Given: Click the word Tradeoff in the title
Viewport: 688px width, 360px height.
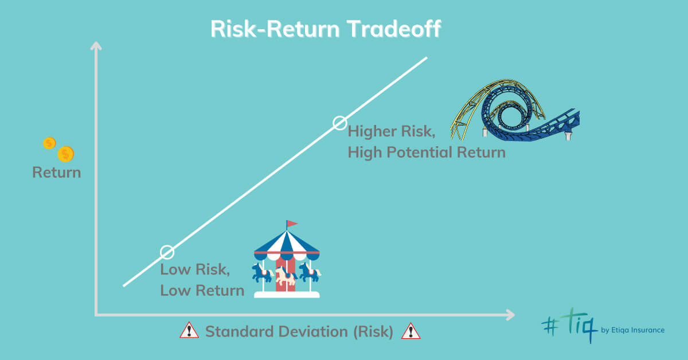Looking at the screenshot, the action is tap(394, 29).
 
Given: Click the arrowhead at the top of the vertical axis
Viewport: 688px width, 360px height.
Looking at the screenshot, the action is tap(96, 45).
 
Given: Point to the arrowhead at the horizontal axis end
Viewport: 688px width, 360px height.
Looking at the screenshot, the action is tap(510, 315).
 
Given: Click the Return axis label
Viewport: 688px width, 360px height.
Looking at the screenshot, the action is tap(57, 173).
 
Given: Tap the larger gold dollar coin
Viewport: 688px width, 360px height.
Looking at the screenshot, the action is tap(66, 154).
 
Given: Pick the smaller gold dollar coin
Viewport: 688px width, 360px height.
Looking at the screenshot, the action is tap(49, 143).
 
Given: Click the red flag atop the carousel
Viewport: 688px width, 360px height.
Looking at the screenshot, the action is tap(291, 224).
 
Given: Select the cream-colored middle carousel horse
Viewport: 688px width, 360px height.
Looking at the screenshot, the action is tap(286, 275).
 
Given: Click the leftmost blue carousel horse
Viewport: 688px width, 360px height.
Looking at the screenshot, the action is tap(263, 272).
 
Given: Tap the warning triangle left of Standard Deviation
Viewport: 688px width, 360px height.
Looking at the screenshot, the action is tap(189, 330).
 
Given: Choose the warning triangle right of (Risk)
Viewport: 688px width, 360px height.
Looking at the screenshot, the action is tap(411, 331).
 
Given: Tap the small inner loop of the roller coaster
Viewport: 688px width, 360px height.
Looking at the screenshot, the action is tap(510, 116).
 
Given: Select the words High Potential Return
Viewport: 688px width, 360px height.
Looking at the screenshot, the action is tap(427, 152).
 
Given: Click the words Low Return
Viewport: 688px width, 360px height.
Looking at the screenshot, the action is tap(202, 290).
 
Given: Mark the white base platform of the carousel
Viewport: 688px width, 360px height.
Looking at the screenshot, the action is tap(287, 295).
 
